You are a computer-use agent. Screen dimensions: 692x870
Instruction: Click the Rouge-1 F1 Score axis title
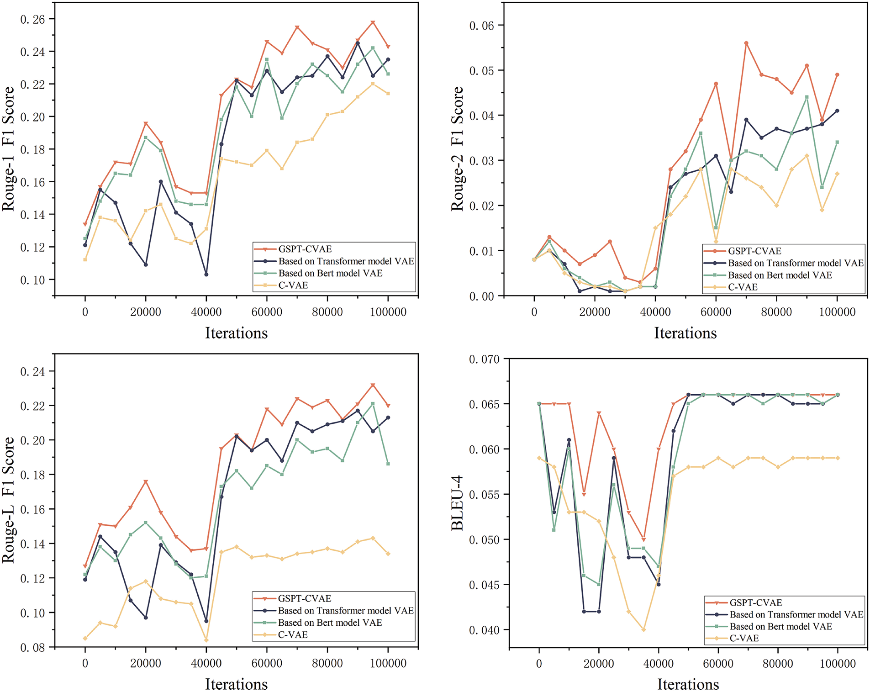pyautogui.click(x=8, y=149)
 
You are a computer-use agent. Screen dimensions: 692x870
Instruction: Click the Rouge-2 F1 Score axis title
pyautogui.click(x=457, y=149)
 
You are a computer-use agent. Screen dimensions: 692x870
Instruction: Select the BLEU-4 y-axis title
pyautogui.click(x=457, y=502)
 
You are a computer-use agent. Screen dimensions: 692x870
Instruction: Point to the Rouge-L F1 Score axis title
pyautogui.click(x=8, y=500)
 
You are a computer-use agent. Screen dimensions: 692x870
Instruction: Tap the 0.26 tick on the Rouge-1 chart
pyautogui.click(x=32, y=19)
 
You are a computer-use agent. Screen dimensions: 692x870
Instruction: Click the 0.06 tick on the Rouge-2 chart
pyautogui.click(x=482, y=26)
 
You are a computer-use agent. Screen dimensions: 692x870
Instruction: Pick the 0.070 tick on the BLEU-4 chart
pyautogui.click(x=484, y=359)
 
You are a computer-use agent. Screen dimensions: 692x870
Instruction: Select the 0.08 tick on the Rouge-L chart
pyautogui.click(x=32, y=647)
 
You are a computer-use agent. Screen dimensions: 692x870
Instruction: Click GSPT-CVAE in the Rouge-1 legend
pyautogui.click(x=305, y=249)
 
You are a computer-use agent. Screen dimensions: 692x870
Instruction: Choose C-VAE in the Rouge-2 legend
pyautogui.click(x=743, y=287)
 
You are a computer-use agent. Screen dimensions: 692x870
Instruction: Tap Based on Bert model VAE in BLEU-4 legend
pyautogui.click(x=780, y=626)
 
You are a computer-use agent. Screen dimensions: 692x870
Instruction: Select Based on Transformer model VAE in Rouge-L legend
pyautogui.click(x=346, y=611)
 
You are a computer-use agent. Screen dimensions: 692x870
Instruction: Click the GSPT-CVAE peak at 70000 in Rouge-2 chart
pyautogui.click(x=746, y=43)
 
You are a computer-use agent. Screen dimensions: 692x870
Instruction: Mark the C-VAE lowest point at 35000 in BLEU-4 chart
pyautogui.click(x=644, y=629)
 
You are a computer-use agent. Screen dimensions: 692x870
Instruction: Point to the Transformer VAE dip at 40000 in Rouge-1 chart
pyautogui.click(x=206, y=275)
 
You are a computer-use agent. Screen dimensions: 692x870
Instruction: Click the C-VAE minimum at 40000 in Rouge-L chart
pyautogui.click(x=206, y=640)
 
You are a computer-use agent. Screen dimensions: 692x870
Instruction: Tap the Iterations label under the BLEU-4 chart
pyautogui.click(x=688, y=684)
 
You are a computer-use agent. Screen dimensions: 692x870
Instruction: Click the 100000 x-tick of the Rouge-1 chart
pyautogui.click(x=388, y=312)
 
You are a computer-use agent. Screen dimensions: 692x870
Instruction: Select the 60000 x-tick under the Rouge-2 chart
pyautogui.click(x=716, y=312)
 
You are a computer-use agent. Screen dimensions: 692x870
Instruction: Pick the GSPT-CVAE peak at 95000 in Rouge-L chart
pyautogui.click(x=373, y=386)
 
